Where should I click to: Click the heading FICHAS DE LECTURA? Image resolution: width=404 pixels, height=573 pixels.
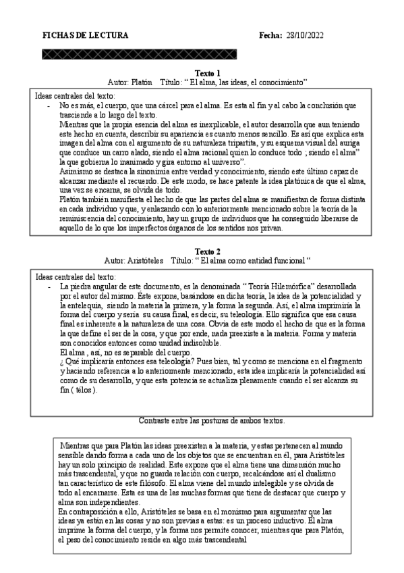(79, 34)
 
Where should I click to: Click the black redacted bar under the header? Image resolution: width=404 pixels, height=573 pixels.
(140, 53)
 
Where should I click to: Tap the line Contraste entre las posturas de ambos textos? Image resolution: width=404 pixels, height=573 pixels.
(211, 420)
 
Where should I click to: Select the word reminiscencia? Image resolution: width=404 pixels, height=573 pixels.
(84, 219)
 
